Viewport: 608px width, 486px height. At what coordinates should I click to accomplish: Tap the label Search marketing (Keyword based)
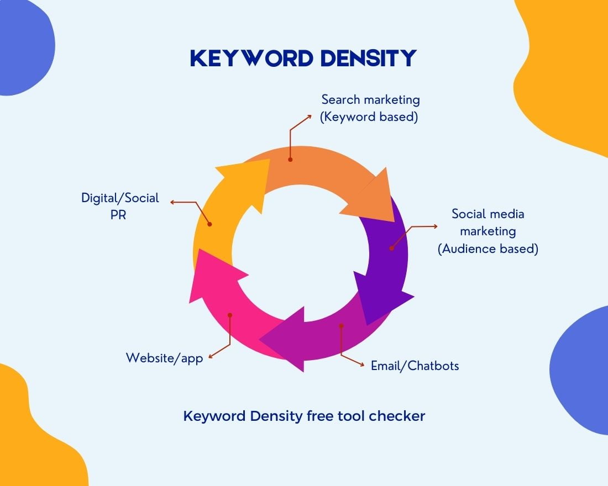pos(370,108)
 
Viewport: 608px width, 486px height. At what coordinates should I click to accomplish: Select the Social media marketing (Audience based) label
pos(488,231)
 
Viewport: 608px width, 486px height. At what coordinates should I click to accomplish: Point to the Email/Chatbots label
pos(415,366)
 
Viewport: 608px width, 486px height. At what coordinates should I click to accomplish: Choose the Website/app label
pos(164,358)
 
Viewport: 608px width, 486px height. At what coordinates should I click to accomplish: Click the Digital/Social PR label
pos(120,205)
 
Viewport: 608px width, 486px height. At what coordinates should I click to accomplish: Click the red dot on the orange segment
pos(290,159)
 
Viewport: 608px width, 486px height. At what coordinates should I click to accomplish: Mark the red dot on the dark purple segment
pos(391,248)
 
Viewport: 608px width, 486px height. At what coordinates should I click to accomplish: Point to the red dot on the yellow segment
pos(209,224)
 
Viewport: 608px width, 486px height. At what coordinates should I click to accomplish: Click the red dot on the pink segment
pos(230,315)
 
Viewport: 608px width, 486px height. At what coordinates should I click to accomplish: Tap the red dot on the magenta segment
pos(341,326)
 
